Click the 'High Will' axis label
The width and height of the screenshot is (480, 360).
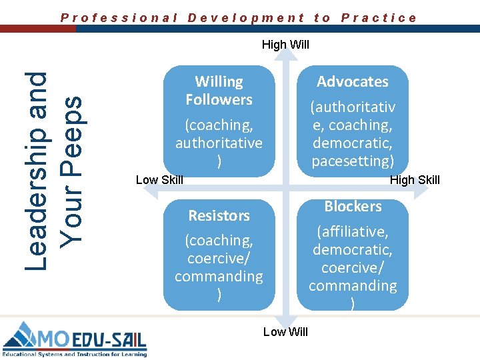click(285, 45)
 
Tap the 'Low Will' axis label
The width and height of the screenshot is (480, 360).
click(285, 332)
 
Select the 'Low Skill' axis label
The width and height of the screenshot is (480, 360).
click(159, 180)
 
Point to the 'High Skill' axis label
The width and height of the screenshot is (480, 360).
click(415, 180)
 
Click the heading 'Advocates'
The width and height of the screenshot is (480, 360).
click(353, 81)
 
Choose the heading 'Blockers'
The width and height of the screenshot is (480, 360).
click(353, 207)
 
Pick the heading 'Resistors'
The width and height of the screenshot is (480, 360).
click(219, 215)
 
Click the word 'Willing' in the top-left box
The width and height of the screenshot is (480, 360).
click(219, 81)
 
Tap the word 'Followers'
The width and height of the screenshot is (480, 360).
click(219, 99)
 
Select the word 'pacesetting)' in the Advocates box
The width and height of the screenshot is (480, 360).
click(353, 161)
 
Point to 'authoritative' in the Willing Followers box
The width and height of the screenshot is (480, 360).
click(219, 143)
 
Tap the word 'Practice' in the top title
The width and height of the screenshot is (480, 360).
click(379, 18)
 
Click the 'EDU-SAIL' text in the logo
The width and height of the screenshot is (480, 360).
click(107, 340)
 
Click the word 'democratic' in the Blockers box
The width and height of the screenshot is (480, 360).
click(353, 250)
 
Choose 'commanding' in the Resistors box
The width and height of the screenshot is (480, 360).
click(219, 276)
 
